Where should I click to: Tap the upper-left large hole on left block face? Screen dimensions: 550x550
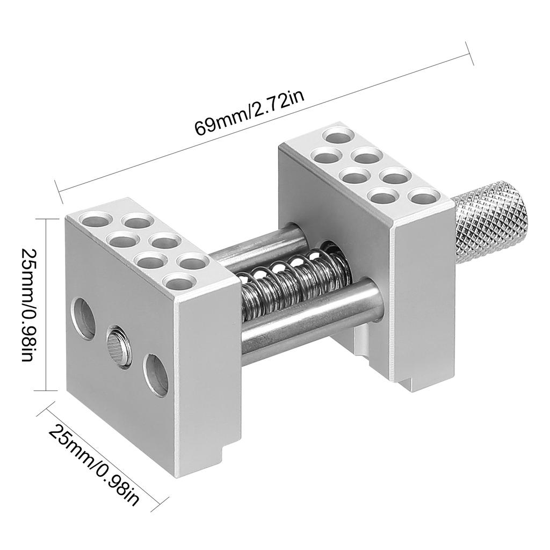[x=83, y=319]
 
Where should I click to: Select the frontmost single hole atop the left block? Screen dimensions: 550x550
[x=179, y=281]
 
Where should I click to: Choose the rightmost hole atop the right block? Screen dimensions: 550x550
[x=424, y=195]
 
